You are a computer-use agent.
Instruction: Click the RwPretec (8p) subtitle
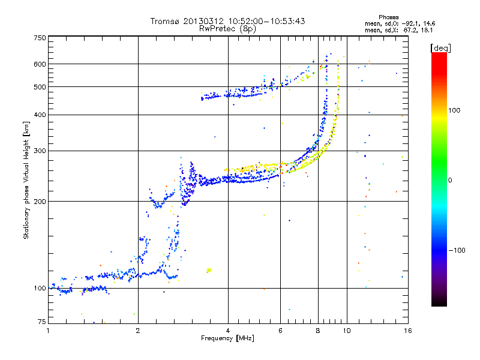pyautogui.click(x=227, y=29)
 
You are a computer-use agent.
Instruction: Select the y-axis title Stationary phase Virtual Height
pyautogui.click(x=26, y=181)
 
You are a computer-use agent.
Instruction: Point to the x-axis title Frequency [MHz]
pyautogui.click(x=227, y=338)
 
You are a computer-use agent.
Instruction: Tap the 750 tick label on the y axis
pyautogui.click(x=40, y=38)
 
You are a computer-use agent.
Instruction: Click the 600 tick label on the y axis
pyautogui.click(x=40, y=64)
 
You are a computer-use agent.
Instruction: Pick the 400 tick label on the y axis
pyautogui.click(x=40, y=115)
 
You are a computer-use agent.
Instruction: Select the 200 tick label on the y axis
pyautogui.click(x=40, y=202)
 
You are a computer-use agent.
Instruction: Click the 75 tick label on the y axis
pyautogui.click(x=42, y=322)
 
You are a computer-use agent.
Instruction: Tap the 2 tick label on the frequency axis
pyautogui.click(x=138, y=331)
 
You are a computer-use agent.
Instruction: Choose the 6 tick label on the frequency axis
pyautogui.click(x=280, y=331)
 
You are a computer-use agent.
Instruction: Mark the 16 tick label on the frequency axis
pyautogui.click(x=408, y=331)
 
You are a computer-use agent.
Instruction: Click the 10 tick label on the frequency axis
pyautogui.click(x=347, y=331)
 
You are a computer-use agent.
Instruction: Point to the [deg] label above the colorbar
pyautogui.click(x=440, y=49)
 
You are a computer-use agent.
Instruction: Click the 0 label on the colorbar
pyautogui.click(x=449, y=181)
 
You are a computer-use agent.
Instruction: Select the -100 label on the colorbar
pyautogui.click(x=457, y=250)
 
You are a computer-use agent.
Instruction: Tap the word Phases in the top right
pyautogui.click(x=388, y=17)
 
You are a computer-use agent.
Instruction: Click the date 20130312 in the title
pyautogui.click(x=203, y=21)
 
